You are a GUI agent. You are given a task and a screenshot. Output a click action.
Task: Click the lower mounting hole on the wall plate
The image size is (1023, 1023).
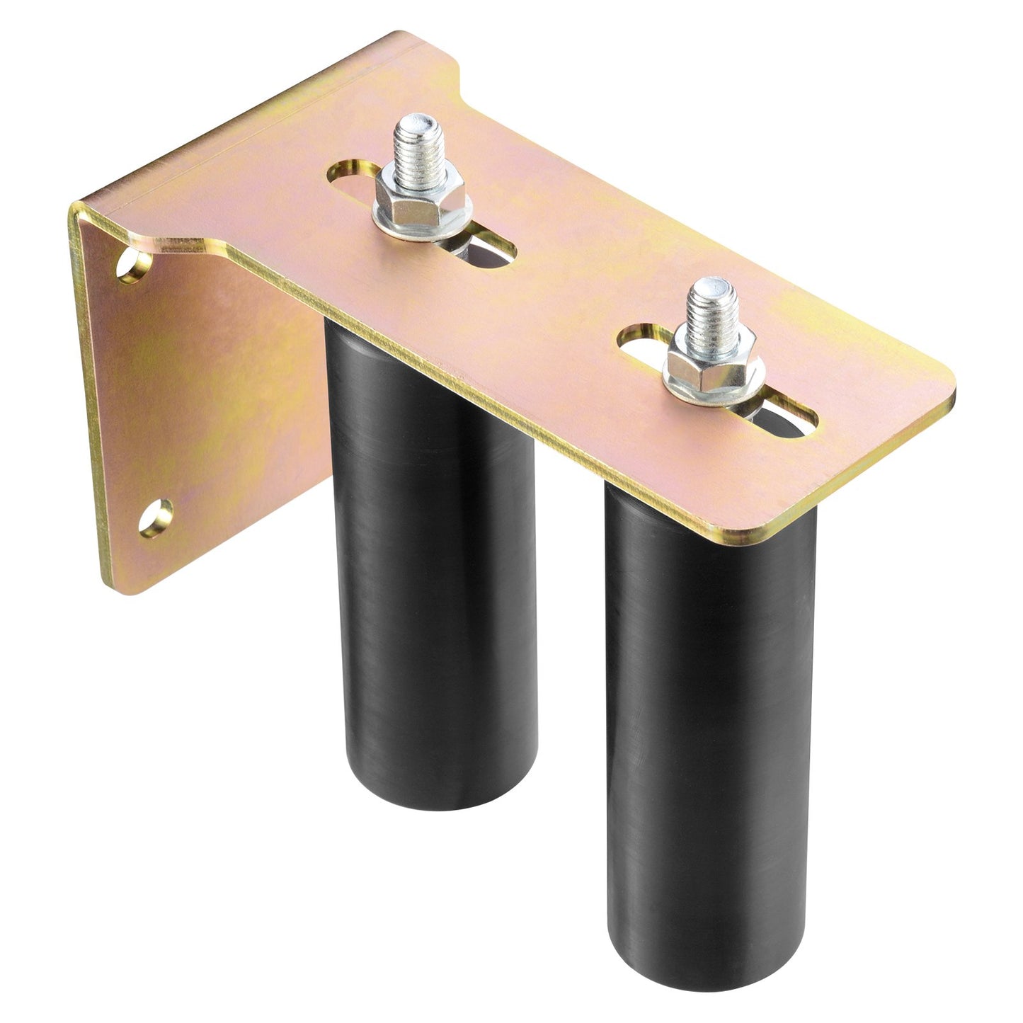pyautogui.click(x=155, y=518)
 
